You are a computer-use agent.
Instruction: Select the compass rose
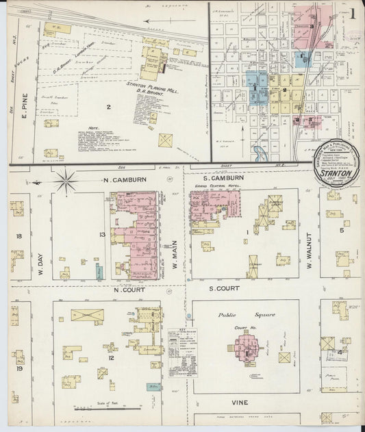tap(66, 181)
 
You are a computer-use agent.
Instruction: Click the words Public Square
tap(236, 315)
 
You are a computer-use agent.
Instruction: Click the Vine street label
tap(239, 402)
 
